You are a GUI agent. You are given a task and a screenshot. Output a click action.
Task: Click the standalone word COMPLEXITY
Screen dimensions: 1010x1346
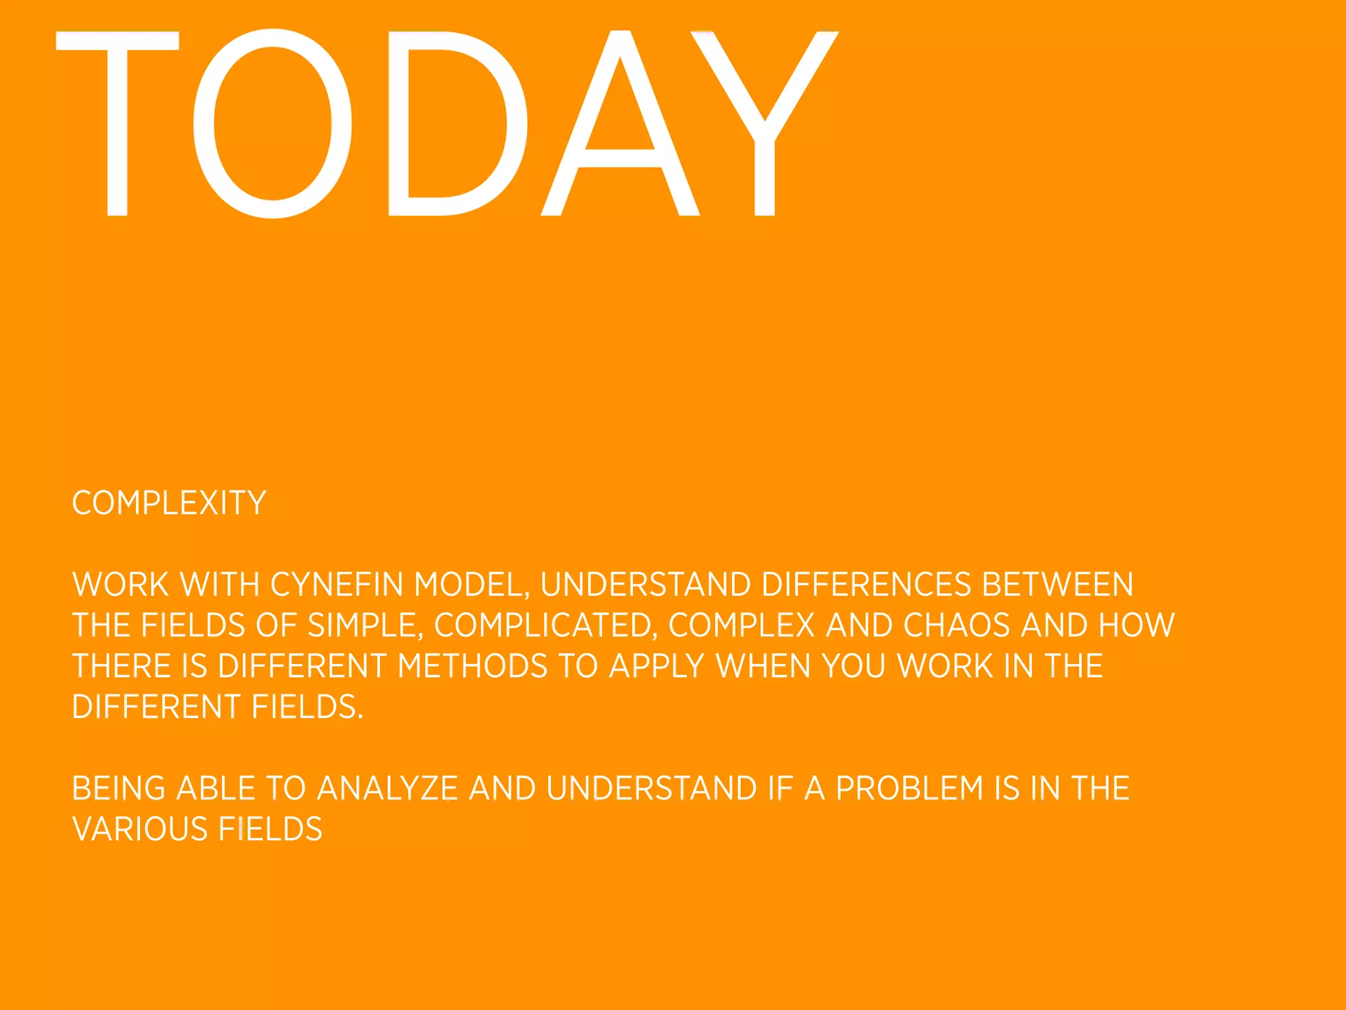click(x=169, y=504)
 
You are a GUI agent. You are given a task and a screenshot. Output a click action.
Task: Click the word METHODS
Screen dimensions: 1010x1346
click(x=473, y=666)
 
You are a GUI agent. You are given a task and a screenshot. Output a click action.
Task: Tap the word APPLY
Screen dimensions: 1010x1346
click(x=657, y=666)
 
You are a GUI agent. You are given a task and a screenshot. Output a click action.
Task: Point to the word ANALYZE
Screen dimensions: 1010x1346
click(x=387, y=788)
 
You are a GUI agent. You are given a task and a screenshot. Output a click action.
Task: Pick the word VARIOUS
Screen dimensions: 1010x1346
click(x=139, y=829)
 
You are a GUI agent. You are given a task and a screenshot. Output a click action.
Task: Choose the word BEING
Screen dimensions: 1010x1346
click(x=118, y=788)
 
